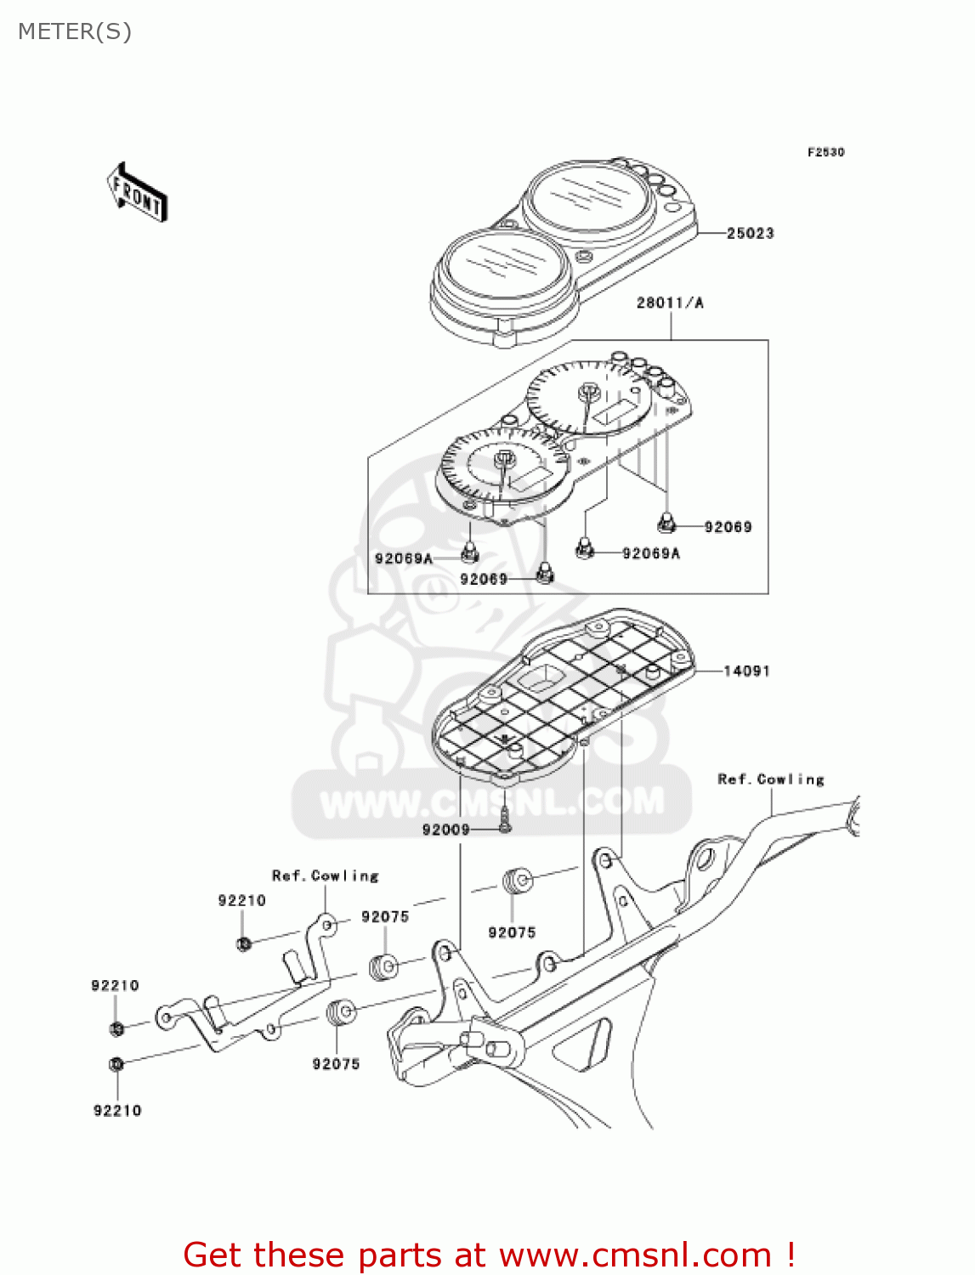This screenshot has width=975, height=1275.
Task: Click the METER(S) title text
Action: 75,31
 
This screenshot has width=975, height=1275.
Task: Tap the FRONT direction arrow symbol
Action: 137,193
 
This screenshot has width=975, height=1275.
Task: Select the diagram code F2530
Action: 825,152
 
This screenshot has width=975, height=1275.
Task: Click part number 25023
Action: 750,233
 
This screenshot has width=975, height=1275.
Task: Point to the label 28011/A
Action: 670,303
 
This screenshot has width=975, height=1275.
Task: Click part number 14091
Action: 746,671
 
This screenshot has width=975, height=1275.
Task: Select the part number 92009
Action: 445,830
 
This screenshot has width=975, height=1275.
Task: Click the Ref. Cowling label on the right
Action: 771,779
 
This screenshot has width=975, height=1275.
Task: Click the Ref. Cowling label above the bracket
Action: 325,875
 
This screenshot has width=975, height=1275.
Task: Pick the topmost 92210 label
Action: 241,900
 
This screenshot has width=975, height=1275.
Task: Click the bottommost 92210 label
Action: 117,1110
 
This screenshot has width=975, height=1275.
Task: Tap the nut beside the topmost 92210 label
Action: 244,943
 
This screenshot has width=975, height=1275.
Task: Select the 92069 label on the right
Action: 728,527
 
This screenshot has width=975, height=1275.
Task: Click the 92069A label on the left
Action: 403,558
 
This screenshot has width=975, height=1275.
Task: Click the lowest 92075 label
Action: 336,1063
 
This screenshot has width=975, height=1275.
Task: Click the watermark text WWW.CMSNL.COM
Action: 492,802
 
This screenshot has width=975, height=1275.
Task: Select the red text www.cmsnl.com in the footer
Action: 635,1255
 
